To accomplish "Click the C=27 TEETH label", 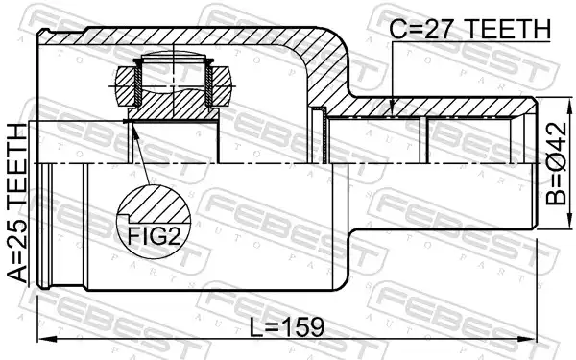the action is pyautogui.click(x=469, y=29).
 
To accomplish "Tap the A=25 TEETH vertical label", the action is pyautogui.click(x=17, y=203).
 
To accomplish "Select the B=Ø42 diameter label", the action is pyautogui.click(x=556, y=163).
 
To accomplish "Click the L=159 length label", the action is pyautogui.click(x=287, y=327).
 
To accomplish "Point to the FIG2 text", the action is pyautogui.click(x=154, y=236).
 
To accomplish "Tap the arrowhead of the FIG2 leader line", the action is pyautogui.click(x=134, y=129).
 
